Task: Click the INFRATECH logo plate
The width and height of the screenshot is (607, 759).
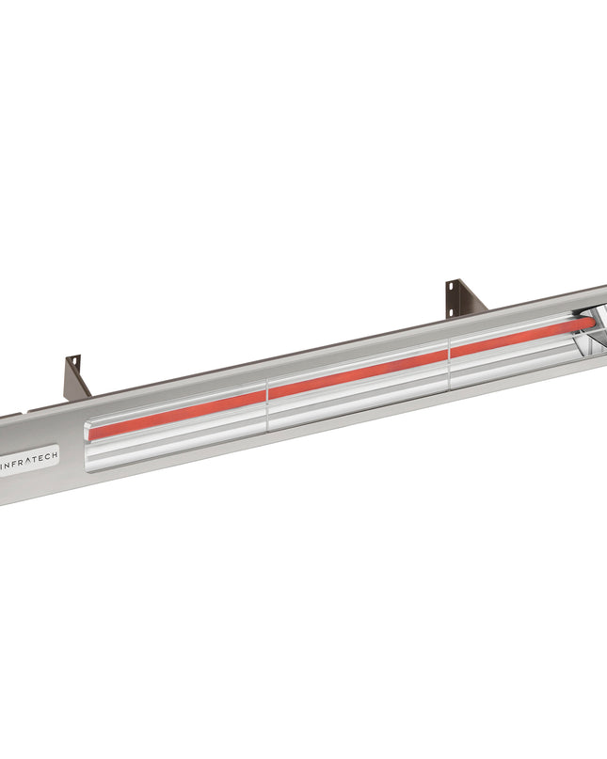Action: click(x=28, y=460)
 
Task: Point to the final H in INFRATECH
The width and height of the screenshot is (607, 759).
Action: click(x=54, y=455)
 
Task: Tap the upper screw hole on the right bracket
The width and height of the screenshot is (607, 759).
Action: click(x=453, y=285)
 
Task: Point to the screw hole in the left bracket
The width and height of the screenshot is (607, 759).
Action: click(x=70, y=361)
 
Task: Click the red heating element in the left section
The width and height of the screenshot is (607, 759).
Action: click(x=179, y=411)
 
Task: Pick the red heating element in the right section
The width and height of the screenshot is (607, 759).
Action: click(x=518, y=336)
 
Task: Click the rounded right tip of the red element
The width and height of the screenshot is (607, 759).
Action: click(x=592, y=323)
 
